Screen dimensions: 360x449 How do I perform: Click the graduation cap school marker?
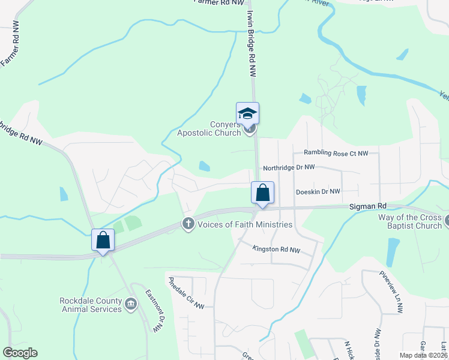[247, 113]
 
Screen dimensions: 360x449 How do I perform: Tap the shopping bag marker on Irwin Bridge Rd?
[262, 193]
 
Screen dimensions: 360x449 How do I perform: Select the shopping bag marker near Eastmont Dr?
[103, 240]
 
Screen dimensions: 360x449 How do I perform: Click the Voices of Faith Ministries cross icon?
[188, 224]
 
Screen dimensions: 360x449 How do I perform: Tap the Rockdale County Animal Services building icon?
[130, 305]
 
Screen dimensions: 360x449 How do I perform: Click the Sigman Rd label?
[364, 206]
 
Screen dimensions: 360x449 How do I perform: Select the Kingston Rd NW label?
[276, 248]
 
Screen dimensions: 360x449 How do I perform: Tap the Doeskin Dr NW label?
[318, 191]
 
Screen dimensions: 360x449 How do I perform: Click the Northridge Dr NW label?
[289, 168]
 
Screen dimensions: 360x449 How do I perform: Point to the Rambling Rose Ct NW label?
[336, 154]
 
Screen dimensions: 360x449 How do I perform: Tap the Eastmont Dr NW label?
[154, 310]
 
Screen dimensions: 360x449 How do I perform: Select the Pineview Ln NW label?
[390, 292]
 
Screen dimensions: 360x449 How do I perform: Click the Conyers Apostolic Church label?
[208, 128]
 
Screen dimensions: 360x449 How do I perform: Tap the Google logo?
[20, 353]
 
